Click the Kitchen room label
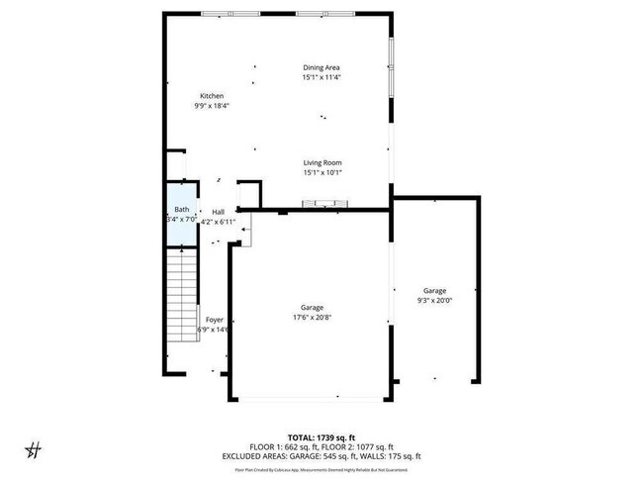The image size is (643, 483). pyautogui.click(x=212, y=96)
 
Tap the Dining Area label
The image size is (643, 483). pyautogui.click(x=321, y=67)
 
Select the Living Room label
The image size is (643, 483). pyautogui.click(x=322, y=162)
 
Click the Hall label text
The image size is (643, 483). pyautogui.click(x=218, y=212)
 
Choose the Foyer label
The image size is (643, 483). pyautogui.click(x=214, y=320)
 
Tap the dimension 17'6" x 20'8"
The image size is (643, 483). pyautogui.click(x=313, y=318)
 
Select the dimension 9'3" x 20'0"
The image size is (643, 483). pyautogui.click(x=435, y=300)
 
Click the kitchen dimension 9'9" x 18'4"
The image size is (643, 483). pyautogui.click(x=212, y=106)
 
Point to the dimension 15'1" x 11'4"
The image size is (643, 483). pyautogui.click(x=321, y=77)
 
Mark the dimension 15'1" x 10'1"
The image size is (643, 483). pyautogui.click(x=322, y=172)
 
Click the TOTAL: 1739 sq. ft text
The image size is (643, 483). pyautogui.click(x=321, y=436)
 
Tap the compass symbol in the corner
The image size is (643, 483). pyautogui.click(x=33, y=449)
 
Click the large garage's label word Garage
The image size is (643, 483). pyautogui.click(x=313, y=308)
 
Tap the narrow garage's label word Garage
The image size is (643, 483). pyautogui.click(x=435, y=290)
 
